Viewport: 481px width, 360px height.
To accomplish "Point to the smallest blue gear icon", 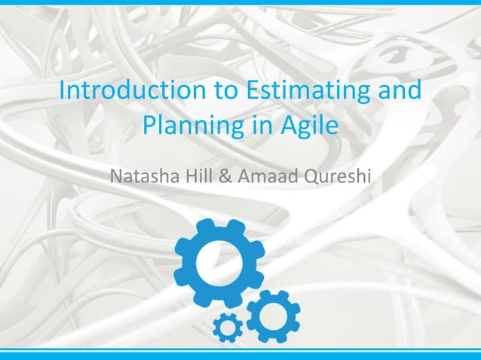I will (x=227, y=327).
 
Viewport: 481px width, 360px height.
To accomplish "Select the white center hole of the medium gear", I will (x=273, y=311).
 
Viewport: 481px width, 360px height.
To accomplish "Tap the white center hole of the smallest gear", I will (x=227, y=327).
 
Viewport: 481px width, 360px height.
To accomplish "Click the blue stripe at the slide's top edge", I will (x=240, y=2).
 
